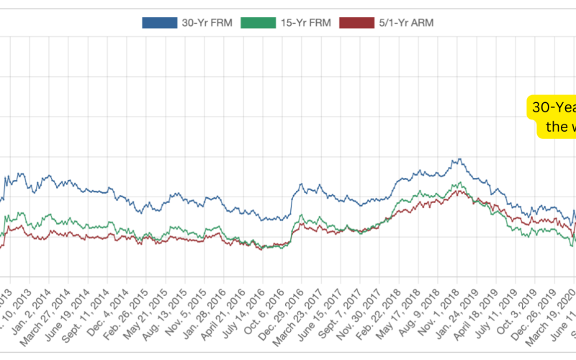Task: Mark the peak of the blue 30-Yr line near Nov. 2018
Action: click(456, 159)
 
